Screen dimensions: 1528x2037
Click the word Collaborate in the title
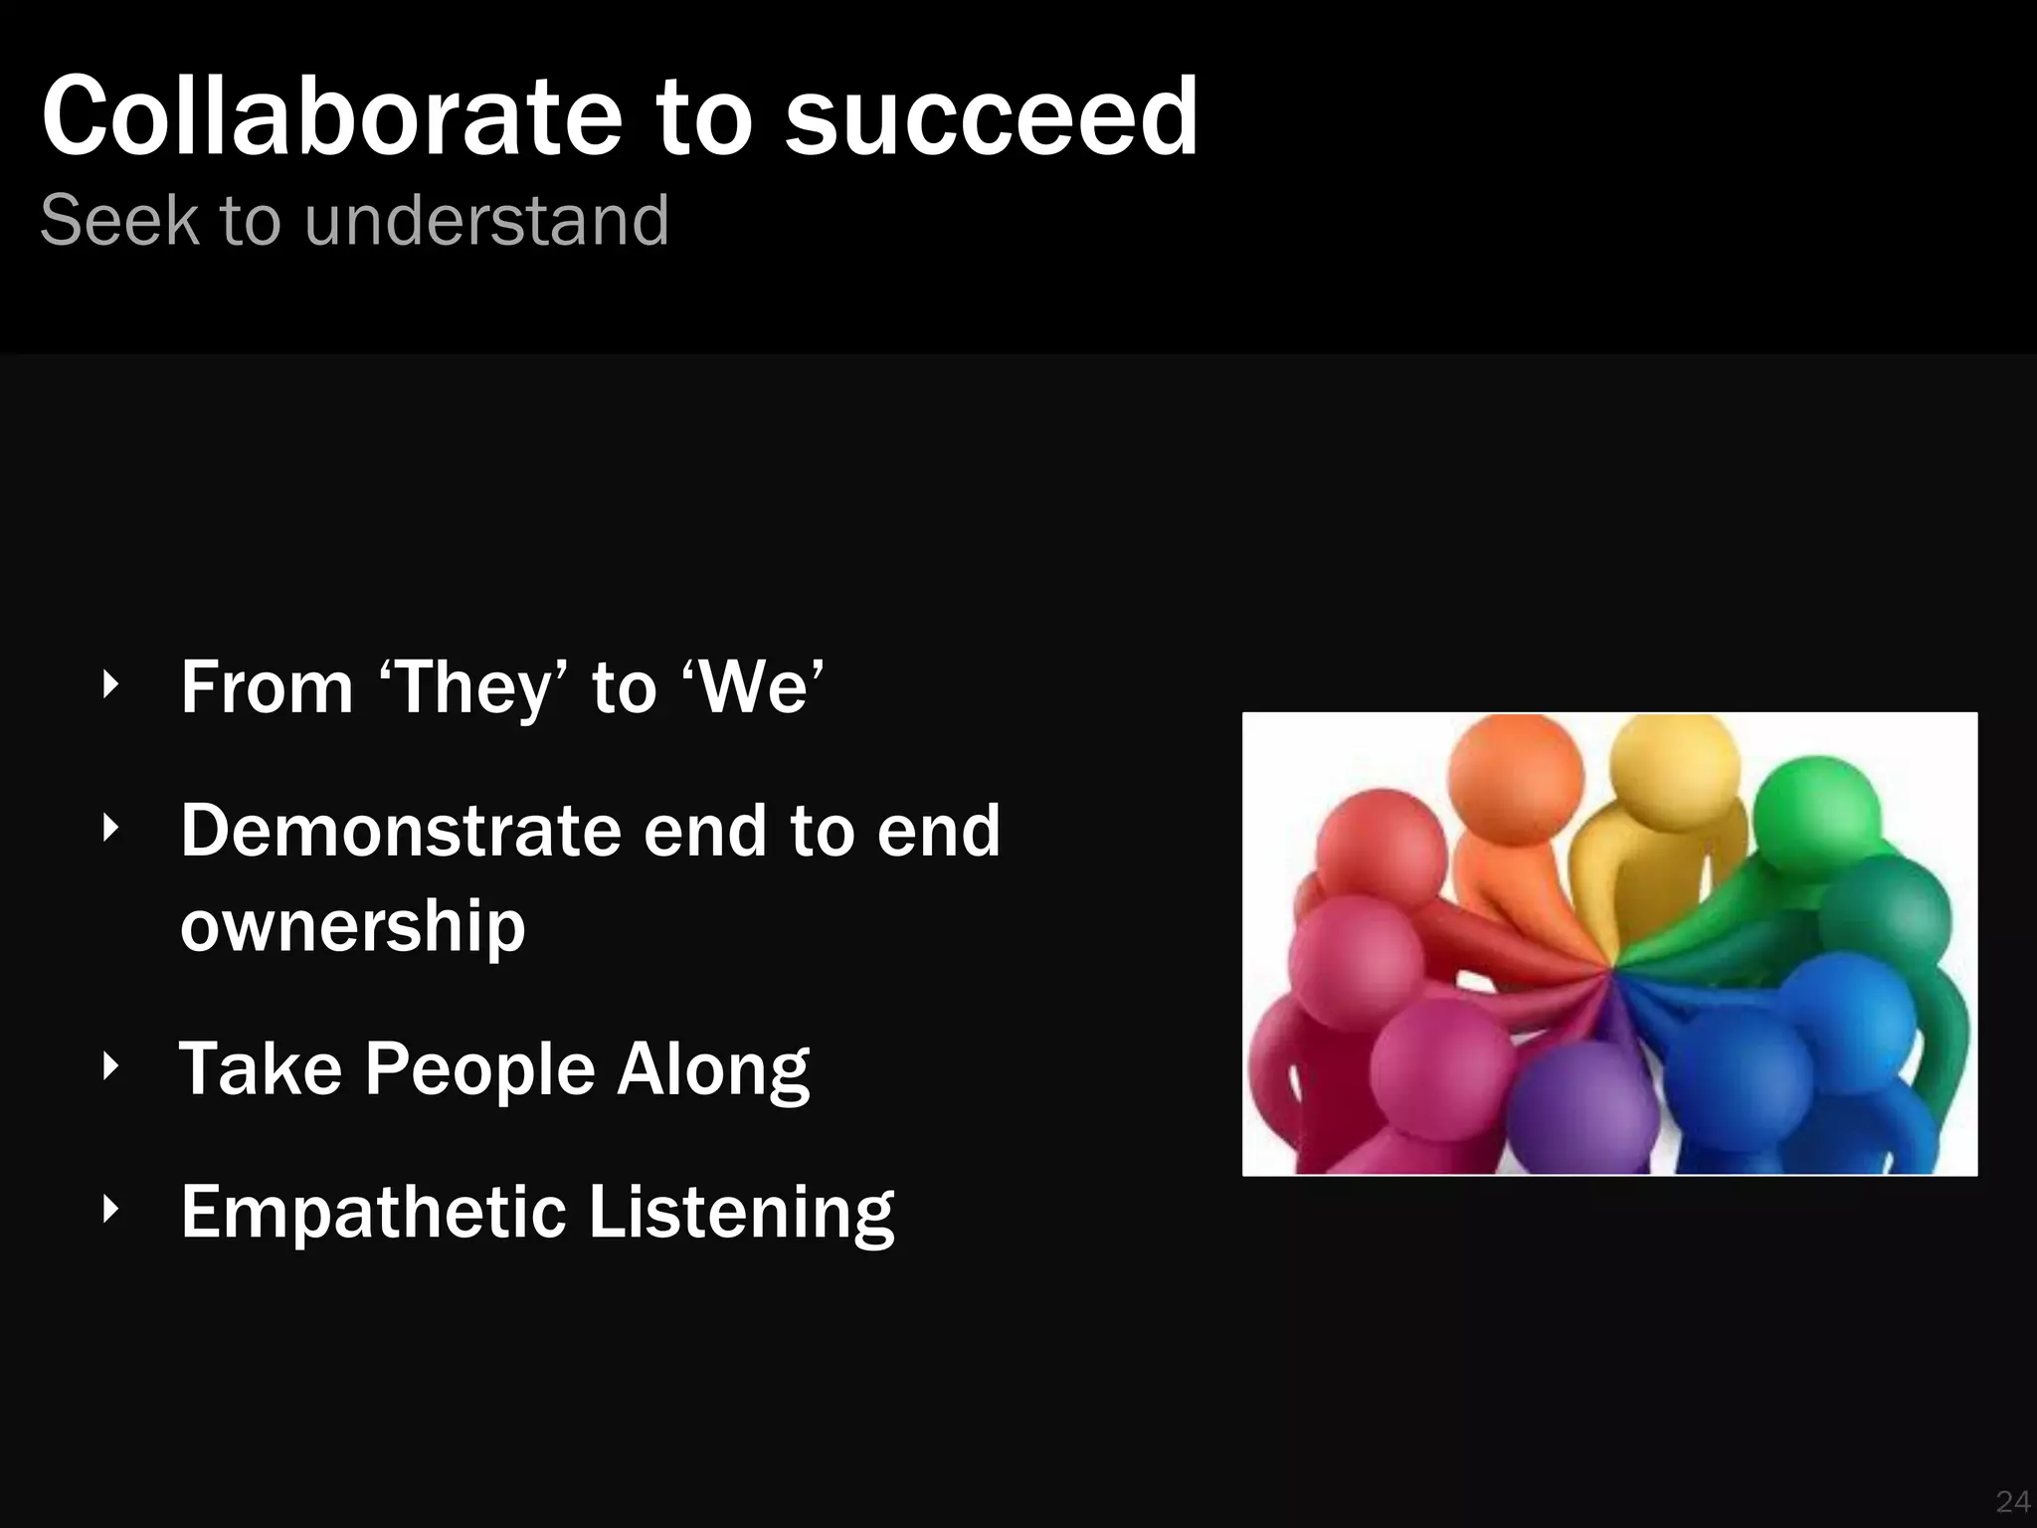pyautogui.click(x=332, y=117)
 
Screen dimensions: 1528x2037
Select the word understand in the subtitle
pyautogui.click(x=486, y=220)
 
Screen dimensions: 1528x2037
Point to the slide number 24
pyautogui.click(x=2012, y=1501)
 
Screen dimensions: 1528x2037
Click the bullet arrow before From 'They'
pyautogui.click(x=111, y=684)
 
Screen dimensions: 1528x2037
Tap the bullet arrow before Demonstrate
pyautogui.click(x=111, y=828)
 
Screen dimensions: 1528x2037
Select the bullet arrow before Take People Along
pyautogui.click(x=111, y=1066)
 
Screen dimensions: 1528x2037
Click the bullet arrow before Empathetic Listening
pyautogui.click(x=111, y=1210)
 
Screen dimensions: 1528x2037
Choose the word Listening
pyautogui.click(x=741, y=1213)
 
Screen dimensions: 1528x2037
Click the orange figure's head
pyautogui.click(x=1515, y=778)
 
